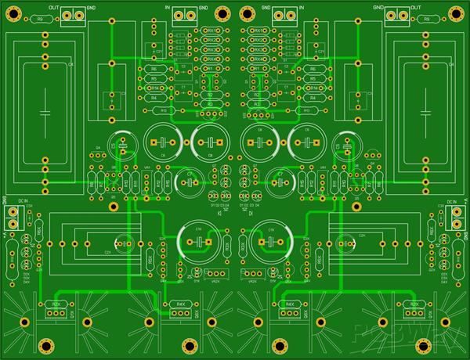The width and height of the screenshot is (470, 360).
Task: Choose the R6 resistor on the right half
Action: click(x=313, y=69)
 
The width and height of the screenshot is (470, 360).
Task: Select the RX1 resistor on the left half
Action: click(x=211, y=29)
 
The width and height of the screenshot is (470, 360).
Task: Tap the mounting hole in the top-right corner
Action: click(x=458, y=12)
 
